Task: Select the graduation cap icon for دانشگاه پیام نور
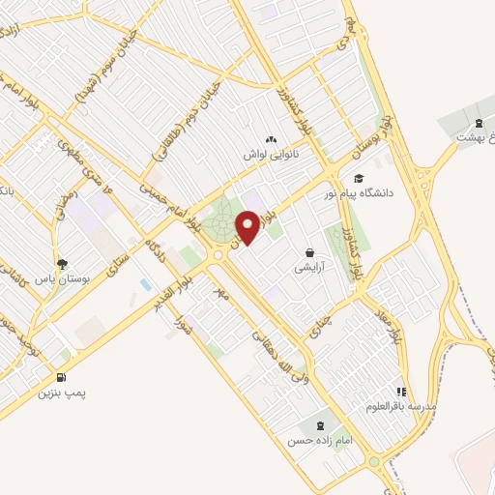358,178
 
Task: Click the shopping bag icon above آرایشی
309,250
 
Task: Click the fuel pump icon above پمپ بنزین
63,378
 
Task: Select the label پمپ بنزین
57,393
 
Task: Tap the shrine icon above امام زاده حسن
319,424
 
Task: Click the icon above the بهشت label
479,123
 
